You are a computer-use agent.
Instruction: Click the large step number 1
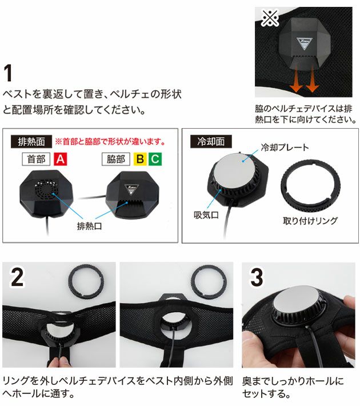point(10,74)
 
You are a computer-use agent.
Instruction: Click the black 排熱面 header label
point(30,141)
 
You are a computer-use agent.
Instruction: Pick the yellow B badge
point(139,159)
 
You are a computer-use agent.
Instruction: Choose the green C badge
point(154,159)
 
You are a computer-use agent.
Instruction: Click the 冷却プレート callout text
point(285,148)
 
